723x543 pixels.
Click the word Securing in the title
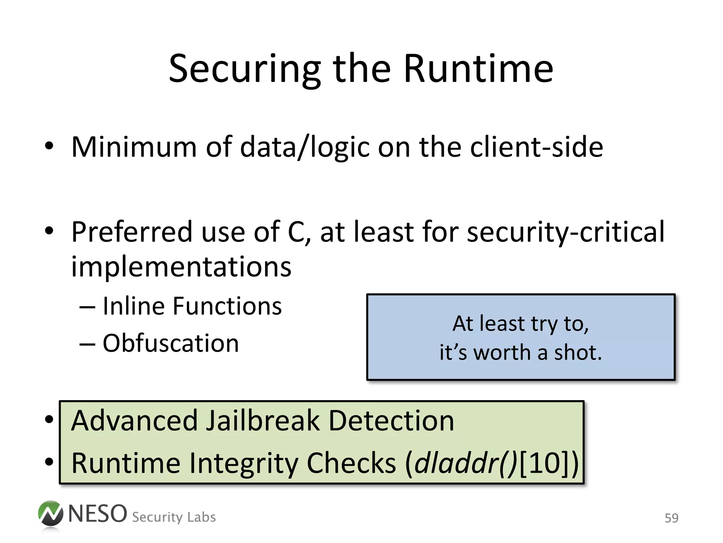(245, 69)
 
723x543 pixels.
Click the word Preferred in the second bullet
(132, 232)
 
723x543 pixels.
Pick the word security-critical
(566, 232)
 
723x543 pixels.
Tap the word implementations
(181, 267)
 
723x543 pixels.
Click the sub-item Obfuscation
(171, 343)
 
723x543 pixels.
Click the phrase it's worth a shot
(520, 353)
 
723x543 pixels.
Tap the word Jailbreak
(262, 421)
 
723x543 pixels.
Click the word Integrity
(243, 463)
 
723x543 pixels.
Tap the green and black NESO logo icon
(50, 514)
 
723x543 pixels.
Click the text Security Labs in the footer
(174, 517)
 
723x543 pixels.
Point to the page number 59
(671, 518)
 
